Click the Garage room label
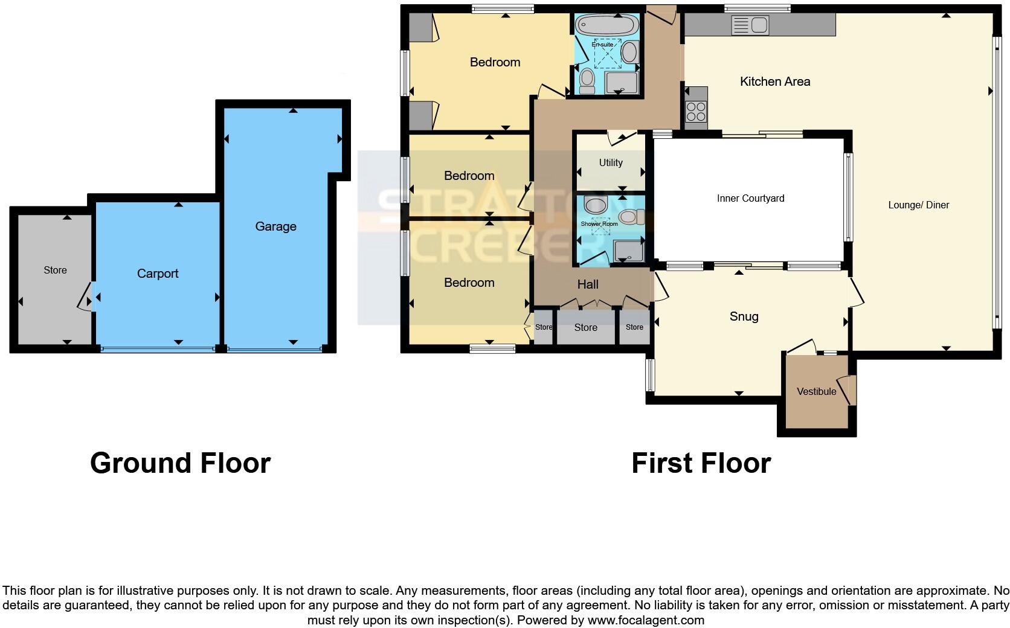[275, 226]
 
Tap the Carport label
[158, 274]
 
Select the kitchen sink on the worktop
[750, 25]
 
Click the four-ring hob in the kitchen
[696, 112]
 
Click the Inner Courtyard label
[750, 198]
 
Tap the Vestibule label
[816, 391]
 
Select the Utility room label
[611, 162]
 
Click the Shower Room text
[599, 224]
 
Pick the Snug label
[744, 316]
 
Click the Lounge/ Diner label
[918, 205]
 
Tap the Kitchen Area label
[775, 82]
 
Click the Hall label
[588, 284]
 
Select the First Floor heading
[701, 463]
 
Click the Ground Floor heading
[180, 463]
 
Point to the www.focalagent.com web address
[645, 620]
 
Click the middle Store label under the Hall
[585, 327]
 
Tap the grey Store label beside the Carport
[55, 270]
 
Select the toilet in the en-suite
[587, 79]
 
